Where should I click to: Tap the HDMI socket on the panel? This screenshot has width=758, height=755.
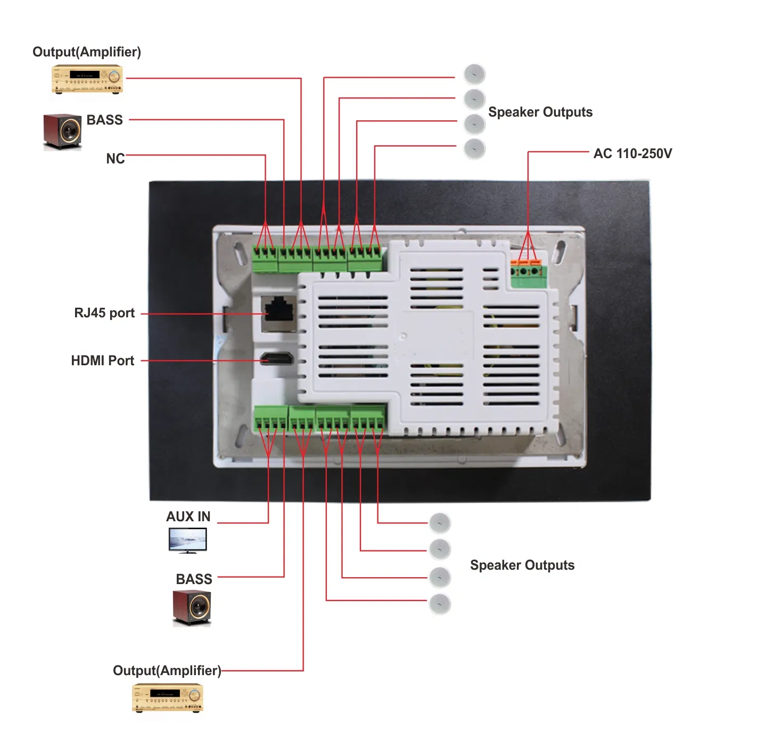coord(277,358)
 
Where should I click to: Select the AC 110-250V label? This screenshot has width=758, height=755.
coord(632,154)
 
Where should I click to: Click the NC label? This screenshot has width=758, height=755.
coord(116,159)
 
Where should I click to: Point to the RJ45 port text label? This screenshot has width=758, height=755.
coord(104,313)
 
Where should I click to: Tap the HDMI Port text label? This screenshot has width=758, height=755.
coord(103,360)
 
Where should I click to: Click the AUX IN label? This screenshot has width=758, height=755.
coord(188,516)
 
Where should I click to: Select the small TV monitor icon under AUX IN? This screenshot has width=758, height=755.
coord(187,540)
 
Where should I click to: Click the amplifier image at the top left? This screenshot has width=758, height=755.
coord(87,79)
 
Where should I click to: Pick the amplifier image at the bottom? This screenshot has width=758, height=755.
coord(168,698)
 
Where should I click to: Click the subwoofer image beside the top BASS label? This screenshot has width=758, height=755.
coord(62,131)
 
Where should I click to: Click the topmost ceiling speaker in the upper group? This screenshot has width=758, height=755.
coord(474,74)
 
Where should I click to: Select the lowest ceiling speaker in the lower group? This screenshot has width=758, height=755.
coord(440,604)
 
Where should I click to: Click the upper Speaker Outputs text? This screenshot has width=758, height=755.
coord(540,112)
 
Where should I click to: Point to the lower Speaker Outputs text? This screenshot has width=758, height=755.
coord(522,565)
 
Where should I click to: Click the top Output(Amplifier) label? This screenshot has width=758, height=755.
coord(87,52)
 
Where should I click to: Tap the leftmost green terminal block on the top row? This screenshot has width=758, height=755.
coord(265,259)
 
